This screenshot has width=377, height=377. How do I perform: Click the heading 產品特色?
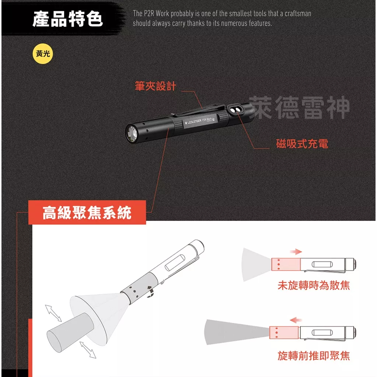pos(68,19)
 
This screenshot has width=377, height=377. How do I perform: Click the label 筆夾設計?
pos(155,87)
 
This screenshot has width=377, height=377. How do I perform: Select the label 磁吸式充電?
pos(302,144)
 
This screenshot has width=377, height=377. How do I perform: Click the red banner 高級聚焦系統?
pos(87,213)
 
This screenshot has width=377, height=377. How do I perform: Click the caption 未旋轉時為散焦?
pos(314,285)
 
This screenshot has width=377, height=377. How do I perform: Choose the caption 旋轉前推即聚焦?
pos(314,356)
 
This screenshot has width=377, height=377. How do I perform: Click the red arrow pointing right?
pos(296,251)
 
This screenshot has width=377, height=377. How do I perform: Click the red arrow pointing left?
pos(296,321)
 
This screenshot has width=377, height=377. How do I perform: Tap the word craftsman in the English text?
pos(298,14)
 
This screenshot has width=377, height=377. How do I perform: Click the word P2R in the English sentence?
pos(148,14)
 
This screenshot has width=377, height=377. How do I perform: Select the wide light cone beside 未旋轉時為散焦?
pos(256,263)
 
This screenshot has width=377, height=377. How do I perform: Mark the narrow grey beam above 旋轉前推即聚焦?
pos(236,332)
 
